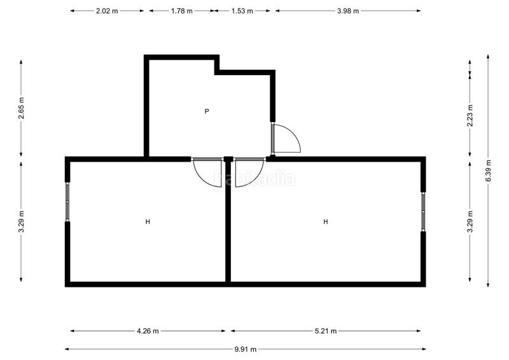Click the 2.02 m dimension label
point(107,11)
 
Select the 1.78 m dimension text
point(181,11)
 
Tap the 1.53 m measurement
point(242,11)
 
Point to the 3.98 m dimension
point(348,11)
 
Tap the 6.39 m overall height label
point(489,170)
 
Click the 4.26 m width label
point(147,331)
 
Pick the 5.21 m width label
point(325,331)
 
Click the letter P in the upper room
point(207,111)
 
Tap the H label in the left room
point(148,222)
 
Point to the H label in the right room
point(325,222)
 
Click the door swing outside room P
point(286,139)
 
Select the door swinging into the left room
point(207,172)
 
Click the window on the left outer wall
point(67,202)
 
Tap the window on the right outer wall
point(423,212)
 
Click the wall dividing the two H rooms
point(227,223)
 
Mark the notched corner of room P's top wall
point(216,71)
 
